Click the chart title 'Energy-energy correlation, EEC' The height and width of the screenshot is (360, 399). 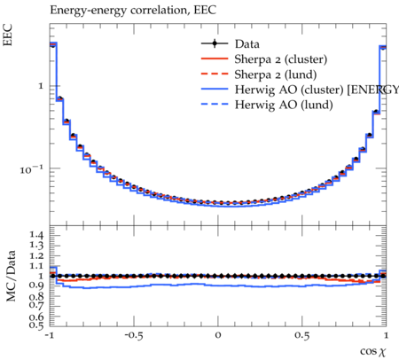click(133, 11)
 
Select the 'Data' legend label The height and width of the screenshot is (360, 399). click(247, 44)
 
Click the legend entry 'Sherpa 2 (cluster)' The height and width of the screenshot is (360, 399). click(281, 59)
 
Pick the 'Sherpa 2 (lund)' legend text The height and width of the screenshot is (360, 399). click(276, 74)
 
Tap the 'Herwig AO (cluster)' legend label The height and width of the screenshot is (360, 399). click(289, 90)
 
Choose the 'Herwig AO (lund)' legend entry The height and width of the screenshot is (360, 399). click(284, 105)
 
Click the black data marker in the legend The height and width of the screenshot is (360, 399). click(215, 43)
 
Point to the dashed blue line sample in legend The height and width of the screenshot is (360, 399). click(215, 104)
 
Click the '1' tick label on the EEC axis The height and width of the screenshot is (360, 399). click(41, 86)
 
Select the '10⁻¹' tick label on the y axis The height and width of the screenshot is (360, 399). click(31, 169)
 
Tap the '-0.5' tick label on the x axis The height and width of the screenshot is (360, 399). click(134, 335)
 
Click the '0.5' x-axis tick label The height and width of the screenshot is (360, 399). click(302, 335)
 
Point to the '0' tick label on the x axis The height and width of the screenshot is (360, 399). click(218, 335)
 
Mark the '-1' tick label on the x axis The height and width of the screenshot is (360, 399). click(50, 335)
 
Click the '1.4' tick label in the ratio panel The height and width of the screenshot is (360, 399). click(36, 235)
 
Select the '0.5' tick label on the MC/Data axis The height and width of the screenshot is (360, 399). click(36, 325)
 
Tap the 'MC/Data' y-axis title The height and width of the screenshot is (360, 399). click(11, 276)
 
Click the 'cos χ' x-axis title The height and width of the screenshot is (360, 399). click(373, 351)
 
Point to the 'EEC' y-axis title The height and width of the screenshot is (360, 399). click(8, 35)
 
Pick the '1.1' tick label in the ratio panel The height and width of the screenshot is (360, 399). click(36, 266)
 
